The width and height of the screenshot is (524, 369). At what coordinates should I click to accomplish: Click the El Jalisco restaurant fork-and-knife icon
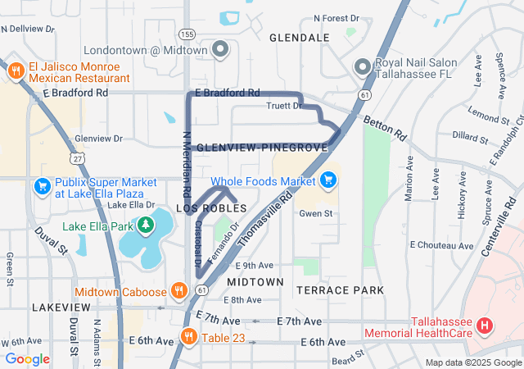click(16, 71)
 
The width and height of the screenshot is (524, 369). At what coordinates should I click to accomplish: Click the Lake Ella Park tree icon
click(146, 225)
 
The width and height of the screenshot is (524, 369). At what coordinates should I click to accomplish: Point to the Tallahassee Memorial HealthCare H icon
click(484, 326)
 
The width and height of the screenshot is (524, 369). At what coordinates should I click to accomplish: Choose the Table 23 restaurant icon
click(188, 336)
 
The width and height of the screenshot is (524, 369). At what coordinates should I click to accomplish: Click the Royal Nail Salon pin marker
click(361, 66)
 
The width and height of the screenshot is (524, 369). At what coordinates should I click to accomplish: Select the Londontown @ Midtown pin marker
click(219, 51)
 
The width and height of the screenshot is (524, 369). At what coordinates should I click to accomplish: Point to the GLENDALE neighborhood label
click(299, 38)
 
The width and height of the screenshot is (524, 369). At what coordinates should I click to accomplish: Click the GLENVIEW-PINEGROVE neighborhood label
click(263, 147)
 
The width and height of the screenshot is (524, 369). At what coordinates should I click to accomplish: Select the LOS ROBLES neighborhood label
click(211, 209)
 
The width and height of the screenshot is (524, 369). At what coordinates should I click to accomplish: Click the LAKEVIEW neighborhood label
click(56, 306)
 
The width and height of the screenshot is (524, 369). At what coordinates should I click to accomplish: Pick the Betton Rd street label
click(389, 126)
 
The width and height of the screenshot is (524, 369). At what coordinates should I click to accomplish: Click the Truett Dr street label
click(285, 106)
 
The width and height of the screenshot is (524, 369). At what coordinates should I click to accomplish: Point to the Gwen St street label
click(315, 213)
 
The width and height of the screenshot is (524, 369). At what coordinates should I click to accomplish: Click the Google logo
click(27, 359)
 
